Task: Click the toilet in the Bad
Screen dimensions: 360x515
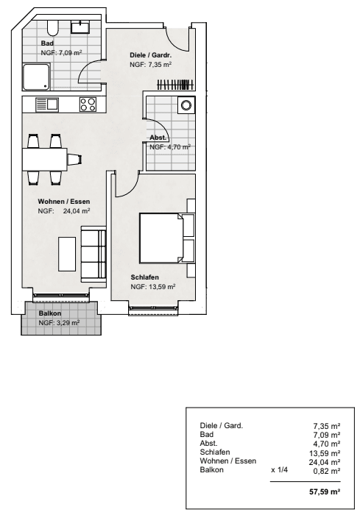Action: click(x=52, y=28)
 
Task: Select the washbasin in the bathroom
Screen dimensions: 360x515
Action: click(x=80, y=27)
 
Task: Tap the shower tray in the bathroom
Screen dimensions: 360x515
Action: click(x=37, y=77)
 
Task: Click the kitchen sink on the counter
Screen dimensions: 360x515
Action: click(x=47, y=104)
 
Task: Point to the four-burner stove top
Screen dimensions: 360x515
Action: click(x=88, y=104)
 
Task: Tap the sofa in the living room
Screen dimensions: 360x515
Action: click(x=93, y=254)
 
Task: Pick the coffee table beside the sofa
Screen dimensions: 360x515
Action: click(x=67, y=254)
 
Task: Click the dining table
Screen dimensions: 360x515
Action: click(x=45, y=160)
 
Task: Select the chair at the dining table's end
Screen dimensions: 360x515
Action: click(x=75, y=160)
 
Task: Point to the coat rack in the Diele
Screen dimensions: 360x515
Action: click(x=175, y=85)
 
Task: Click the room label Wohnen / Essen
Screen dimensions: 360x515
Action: click(x=64, y=202)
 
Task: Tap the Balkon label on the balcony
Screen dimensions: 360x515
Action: click(x=50, y=313)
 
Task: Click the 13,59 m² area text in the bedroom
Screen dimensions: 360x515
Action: click(x=162, y=287)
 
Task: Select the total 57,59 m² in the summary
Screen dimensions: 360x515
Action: click(x=325, y=491)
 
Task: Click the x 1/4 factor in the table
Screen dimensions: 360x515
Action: click(x=279, y=470)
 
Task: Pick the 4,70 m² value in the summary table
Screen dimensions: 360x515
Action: click(x=327, y=444)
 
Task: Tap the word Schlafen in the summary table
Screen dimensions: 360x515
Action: click(x=215, y=452)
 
